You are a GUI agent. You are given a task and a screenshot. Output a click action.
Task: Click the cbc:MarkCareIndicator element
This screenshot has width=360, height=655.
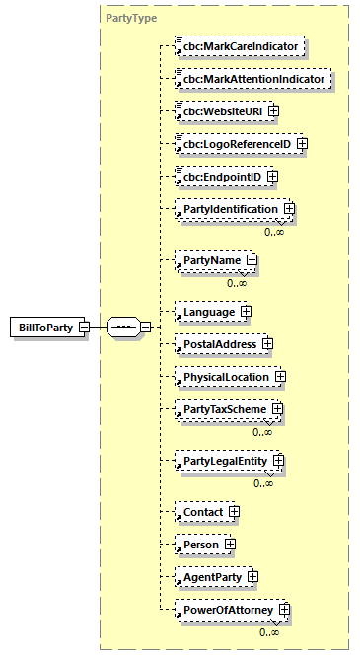[237, 45]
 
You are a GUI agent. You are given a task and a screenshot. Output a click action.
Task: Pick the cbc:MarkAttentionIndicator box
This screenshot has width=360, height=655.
[251, 78]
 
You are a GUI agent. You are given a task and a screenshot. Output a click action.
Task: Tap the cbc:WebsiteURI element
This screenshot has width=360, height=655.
[218, 110]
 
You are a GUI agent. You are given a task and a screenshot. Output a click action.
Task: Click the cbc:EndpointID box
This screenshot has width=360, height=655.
[218, 177]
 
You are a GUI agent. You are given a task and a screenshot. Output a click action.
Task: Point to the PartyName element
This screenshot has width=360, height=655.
[208, 260]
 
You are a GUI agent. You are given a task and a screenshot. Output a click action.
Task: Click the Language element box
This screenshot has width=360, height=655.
[206, 312]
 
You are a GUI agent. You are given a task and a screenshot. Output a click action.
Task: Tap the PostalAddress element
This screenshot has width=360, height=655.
[216, 344]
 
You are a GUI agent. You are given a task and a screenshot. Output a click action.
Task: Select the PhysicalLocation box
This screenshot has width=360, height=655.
[223, 377]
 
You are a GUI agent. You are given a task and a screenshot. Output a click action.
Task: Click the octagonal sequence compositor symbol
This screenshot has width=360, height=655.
[122, 327]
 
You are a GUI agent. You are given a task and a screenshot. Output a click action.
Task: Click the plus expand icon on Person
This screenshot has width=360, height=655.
[230, 544]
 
